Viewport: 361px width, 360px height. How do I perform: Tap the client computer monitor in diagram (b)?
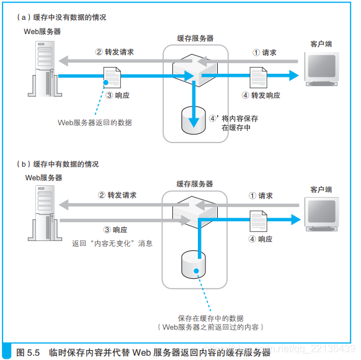pyautogui.click(x=321, y=214)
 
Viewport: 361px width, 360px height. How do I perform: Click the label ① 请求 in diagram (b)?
pyautogui.click(x=261, y=195)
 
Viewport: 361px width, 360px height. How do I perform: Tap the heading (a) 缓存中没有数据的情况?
pyautogui.click(x=61, y=17)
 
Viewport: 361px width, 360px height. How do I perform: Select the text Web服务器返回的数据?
pyautogui.click(x=94, y=123)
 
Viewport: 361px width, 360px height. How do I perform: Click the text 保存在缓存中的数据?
pyautogui.click(x=211, y=317)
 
